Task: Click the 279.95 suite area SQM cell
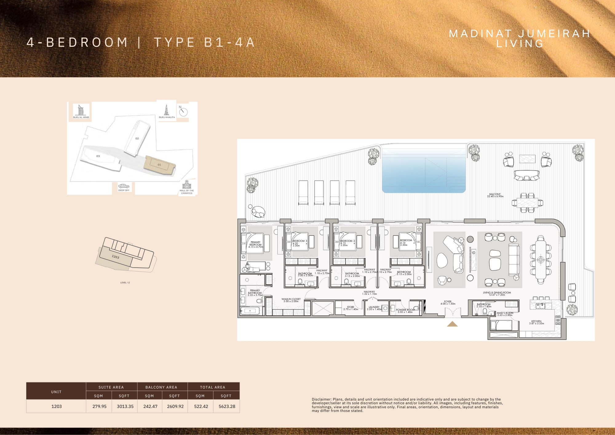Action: click(99, 406)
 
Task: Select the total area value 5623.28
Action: click(227, 406)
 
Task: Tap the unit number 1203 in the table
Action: click(57, 406)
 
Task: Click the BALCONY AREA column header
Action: click(161, 387)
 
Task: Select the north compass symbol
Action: click(183, 112)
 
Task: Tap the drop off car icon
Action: click(124, 186)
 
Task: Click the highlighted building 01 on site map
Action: click(159, 165)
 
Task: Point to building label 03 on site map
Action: click(98, 156)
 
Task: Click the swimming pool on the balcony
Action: click(424, 174)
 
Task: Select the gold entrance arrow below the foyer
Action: click(452, 324)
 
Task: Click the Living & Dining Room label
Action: click(497, 293)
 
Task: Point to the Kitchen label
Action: click(536, 322)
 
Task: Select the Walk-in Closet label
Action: click(291, 300)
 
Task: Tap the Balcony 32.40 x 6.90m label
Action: click(495, 195)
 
